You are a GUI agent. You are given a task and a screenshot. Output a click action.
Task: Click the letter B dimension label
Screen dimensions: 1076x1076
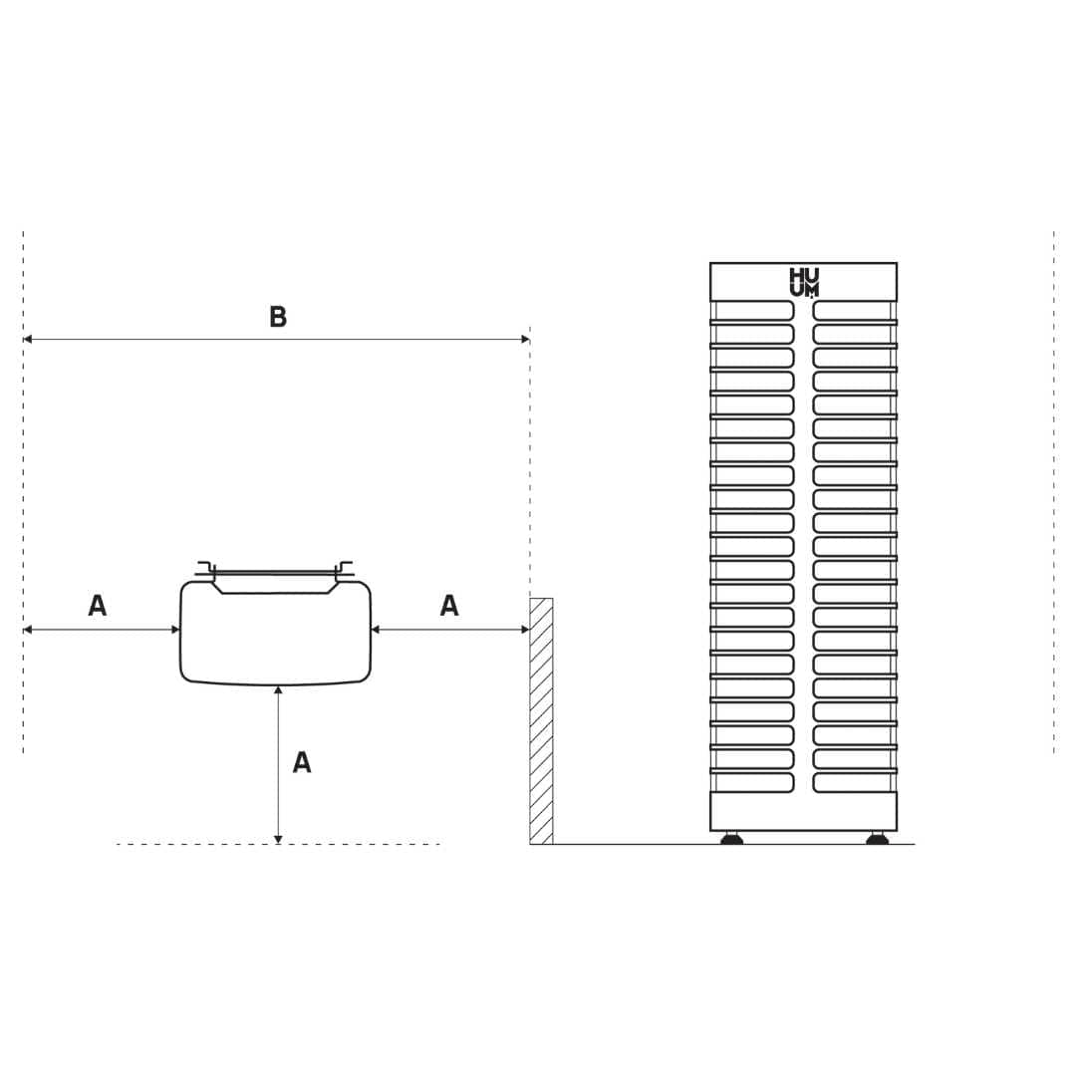pyautogui.click(x=278, y=317)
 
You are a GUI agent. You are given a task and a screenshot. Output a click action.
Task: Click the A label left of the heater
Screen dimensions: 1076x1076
pyautogui.click(x=98, y=606)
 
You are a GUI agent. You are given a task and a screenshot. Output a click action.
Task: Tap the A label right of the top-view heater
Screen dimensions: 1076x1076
pyautogui.click(x=448, y=606)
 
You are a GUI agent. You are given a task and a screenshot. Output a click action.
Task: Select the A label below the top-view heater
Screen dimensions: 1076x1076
pyautogui.click(x=302, y=762)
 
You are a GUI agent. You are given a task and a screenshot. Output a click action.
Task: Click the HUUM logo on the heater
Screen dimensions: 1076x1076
pyautogui.click(x=804, y=283)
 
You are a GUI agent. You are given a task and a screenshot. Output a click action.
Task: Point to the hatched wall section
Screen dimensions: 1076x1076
pyautogui.click(x=541, y=721)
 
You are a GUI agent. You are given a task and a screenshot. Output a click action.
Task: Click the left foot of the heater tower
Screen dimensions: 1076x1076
pyautogui.click(x=732, y=838)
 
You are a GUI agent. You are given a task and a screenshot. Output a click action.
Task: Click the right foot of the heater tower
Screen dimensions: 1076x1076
pyautogui.click(x=877, y=838)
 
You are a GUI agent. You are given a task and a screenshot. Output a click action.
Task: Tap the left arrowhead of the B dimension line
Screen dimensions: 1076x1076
pyautogui.click(x=28, y=339)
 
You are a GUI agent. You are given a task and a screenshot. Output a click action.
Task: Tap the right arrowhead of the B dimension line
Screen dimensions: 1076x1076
pyautogui.click(x=525, y=339)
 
